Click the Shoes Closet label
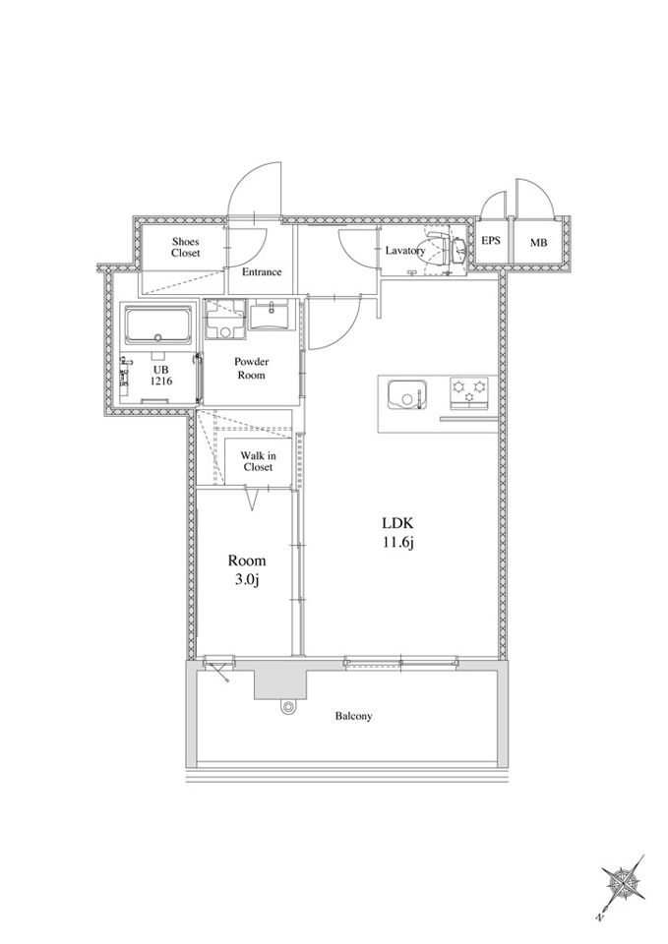(x=186, y=248)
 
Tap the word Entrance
(x=262, y=272)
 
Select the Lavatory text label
(x=405, y=251)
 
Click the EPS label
(x=491, y=240)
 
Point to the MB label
(x=538, y=243)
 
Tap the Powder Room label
(x=251, y=369)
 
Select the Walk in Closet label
(x=258, y=462)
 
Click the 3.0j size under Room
(x=246, y=581)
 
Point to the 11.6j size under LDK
(x=397, y=543)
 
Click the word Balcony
(x=353, y=716)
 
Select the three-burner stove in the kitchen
(x=470, y=392)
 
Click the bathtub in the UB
(x=158, y=325)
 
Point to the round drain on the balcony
(x=288, y=707)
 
